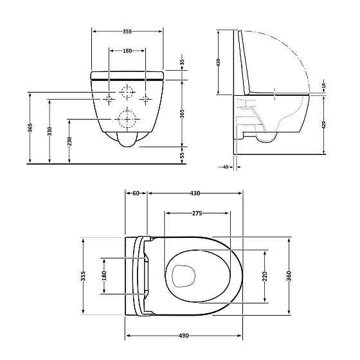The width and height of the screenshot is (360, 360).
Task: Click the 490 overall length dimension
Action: coord(183,335)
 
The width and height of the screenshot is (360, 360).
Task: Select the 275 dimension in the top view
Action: coord(197,213)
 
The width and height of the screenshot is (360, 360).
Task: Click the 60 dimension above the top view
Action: coord(136,194)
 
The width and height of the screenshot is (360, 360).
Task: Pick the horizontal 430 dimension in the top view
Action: coord(195,194)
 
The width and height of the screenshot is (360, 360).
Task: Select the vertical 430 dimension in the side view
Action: coord(219,62)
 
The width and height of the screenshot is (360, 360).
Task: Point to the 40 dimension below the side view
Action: coord(225,167)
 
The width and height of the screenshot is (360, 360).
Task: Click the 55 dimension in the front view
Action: coord(182,155)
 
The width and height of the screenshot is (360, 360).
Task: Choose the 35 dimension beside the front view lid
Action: coord(182,62)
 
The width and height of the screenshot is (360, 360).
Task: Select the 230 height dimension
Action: coord(69,141)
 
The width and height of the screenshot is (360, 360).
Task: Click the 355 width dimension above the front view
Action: coord(127,31)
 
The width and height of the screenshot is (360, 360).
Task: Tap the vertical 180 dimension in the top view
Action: coord(104,276)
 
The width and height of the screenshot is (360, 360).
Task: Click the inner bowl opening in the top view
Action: coord(183,276)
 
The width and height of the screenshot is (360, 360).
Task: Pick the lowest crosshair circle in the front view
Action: coord(127,119)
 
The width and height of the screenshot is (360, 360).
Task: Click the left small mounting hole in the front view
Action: coord(110,98)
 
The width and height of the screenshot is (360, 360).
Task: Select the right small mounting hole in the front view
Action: coord(146,98)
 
